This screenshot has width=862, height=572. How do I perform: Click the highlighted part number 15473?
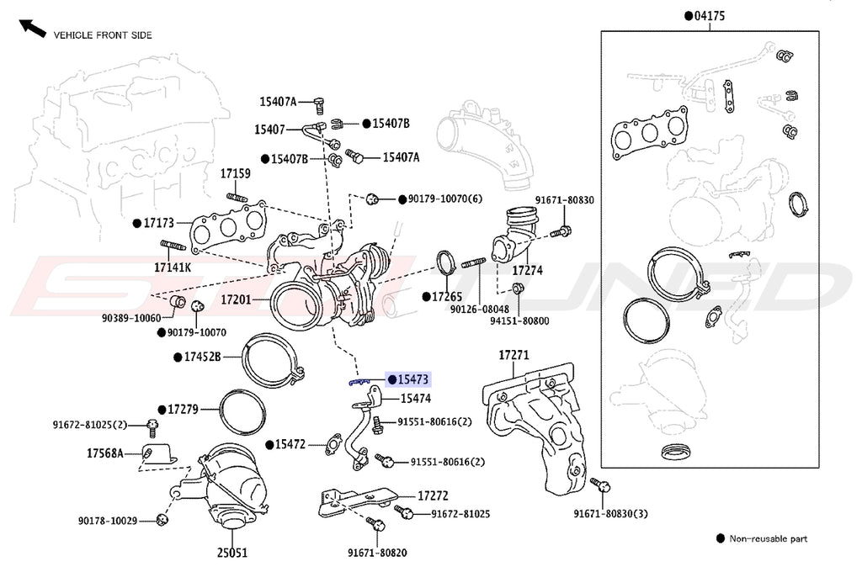click(414, 380)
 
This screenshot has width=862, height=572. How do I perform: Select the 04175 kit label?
click(710, 15)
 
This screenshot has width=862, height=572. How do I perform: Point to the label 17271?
click(513, 356)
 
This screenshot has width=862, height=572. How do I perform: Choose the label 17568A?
click(104, 453)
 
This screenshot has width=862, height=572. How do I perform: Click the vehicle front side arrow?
click(32, 28)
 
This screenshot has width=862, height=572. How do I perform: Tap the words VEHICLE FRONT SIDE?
click(103, 35)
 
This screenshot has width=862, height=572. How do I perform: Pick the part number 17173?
click(157, 224)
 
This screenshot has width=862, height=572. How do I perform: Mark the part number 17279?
click(182, 410)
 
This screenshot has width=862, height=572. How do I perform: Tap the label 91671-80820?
click(378, 553)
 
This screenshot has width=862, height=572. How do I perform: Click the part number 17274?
click(528, 272)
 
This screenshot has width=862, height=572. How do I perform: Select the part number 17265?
click(447, 297)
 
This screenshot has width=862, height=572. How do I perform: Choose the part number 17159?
click(236, 173)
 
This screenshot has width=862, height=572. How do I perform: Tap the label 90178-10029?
click(108, 522)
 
